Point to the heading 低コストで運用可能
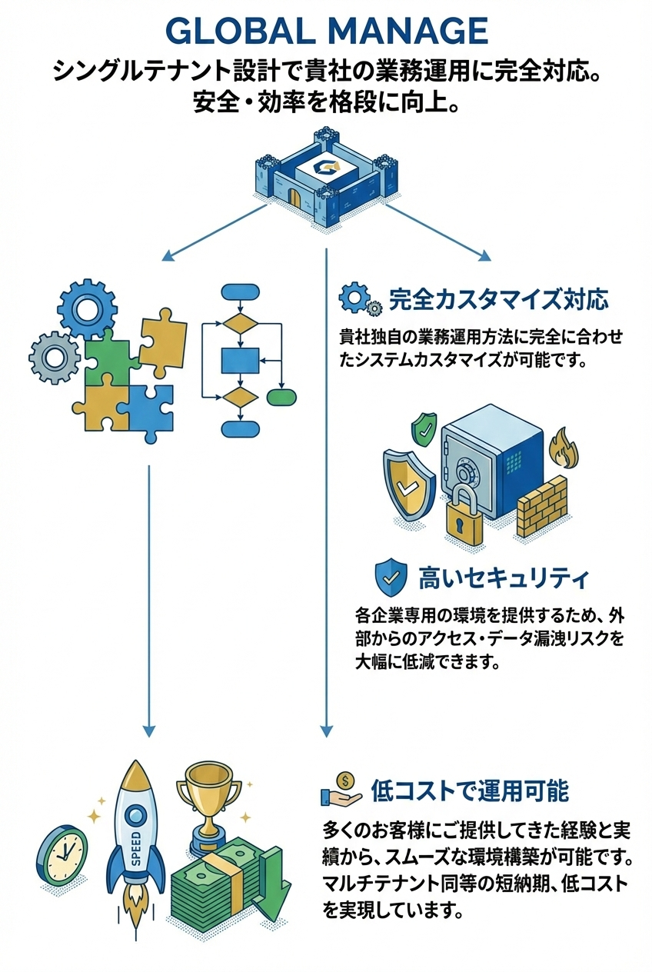pyautogui.click(x=469, y=790)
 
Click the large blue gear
pyautogui.click(x=86, y=307)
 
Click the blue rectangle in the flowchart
pyautogui.click(x=240, y=360)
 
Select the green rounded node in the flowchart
pyautogui.click(x=281, y=397)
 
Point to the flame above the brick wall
pyautogui.click(x=561, y=449)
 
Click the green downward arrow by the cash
pyautogui.click(x=274, y=884)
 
